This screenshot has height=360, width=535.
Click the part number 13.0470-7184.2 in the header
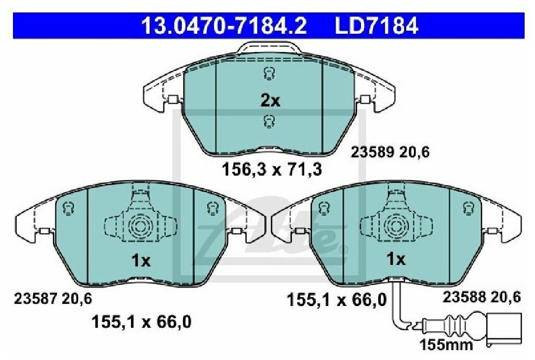pyautogui.click(x=224, y=26)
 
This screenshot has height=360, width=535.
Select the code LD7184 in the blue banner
pyautogui.click(x=377, y=26)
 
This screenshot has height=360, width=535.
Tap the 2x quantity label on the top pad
pyautogui.click(x=270, y=101)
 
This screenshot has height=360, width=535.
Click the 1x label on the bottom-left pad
pyautogui.click(x=141, y=261)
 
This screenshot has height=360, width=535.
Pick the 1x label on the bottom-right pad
pyautogui.click(x=396, y=259)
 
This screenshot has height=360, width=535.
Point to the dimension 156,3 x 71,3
pyautogui.click(x=272, y=169)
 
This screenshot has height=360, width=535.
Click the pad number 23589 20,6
pyautogui.click(x=390, y=152)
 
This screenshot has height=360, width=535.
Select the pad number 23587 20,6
pyautogui.click(x=53, y=299)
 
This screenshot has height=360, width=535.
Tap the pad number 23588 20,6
pyautogui.click(x=482, y=297)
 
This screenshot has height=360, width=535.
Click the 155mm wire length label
pyautogui.click(x=446, y=344)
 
